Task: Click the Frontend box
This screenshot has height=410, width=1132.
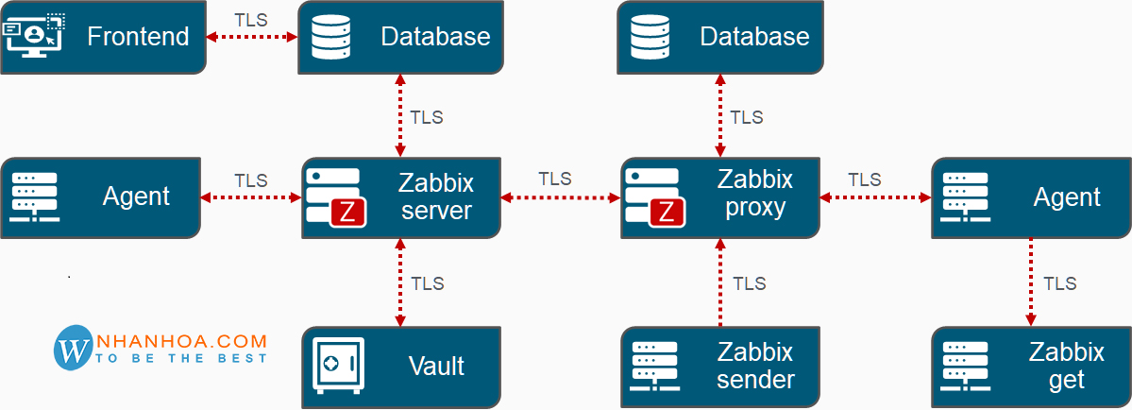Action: pyautogui.click(x=102, y=37)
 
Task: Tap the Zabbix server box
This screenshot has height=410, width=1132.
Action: pyautogui.click(x=401, y=197)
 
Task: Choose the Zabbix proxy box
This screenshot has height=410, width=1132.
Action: pyautogui.click(x=720, y=197)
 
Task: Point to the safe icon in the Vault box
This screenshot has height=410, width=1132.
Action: pyautogui.click(x=339, y=363)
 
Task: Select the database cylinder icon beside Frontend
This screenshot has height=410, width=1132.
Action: pyautogui.click(x=331, y=35)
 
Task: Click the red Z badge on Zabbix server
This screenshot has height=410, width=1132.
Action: pyautogui.click(x=347, y=213)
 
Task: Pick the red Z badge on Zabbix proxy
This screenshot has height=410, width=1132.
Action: pyautogui.click(x=667, y=213)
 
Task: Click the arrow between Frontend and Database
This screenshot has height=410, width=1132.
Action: pyautogui.click(x=251, y=37)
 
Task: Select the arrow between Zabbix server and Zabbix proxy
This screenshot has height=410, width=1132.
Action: pyautogui.click(x=560, y=197)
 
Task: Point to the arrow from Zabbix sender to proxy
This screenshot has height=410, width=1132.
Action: pyautogui.click(x=720, y=281)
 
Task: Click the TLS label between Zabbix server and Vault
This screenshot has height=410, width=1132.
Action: pyautogui.click(x=428, y=283)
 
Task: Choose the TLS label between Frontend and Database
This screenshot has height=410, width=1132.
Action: pyautogui.click(x=251, y=18)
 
